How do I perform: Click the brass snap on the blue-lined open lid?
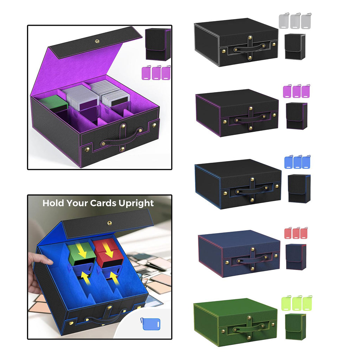(x=110, y=223)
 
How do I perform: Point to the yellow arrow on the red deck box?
(x=108, y=250)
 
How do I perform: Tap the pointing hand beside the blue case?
(x=39, y=271)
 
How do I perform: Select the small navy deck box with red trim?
(x=296, y=257)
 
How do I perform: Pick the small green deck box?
(x=295, y=326)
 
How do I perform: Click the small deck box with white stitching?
(x=295, y=47)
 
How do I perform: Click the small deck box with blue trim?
(x=299, y=188)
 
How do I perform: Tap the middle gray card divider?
(x=295, y=21)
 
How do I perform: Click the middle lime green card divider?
(x=297, y=303)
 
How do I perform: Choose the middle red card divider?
(x=296, y=233)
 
